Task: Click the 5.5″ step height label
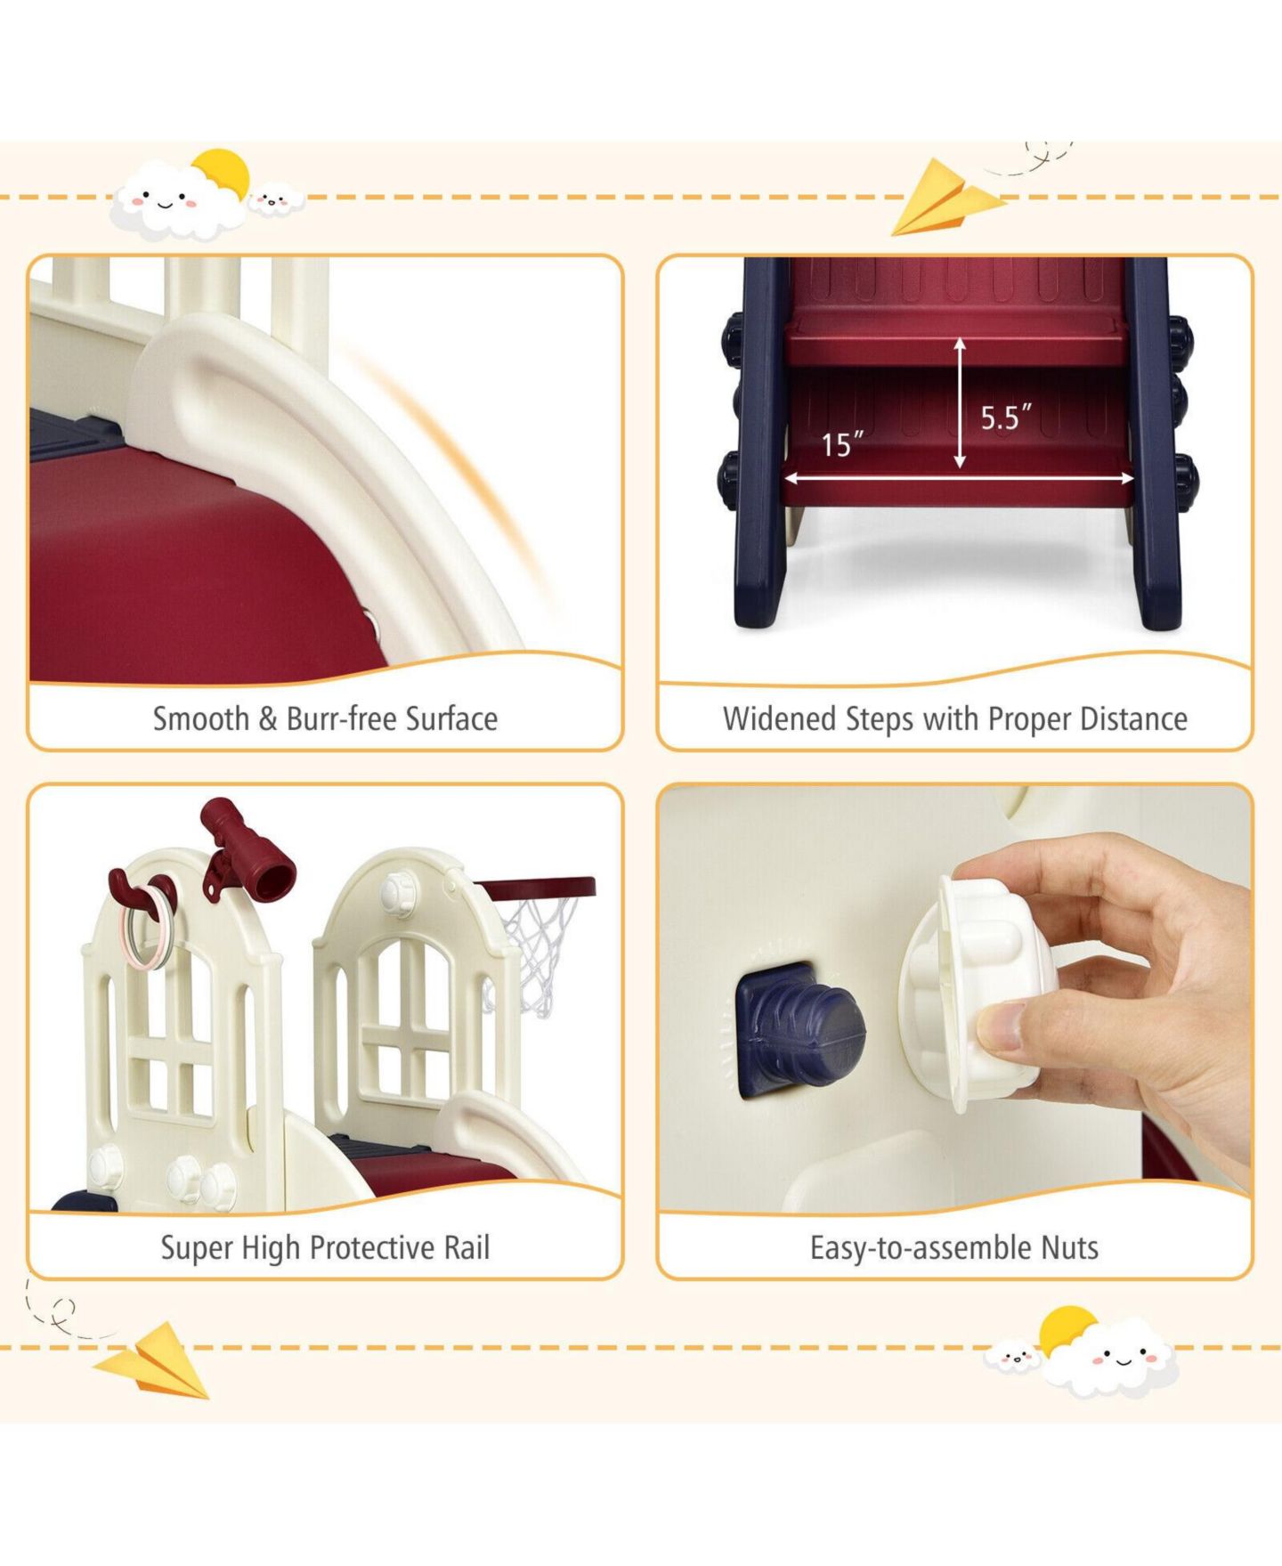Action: coord(1006,417)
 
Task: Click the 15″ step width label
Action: coord(842,444)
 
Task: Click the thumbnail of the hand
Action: coord(1001,1027)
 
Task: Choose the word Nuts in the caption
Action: coord(1070,1247)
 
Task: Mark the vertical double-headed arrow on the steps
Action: coord(960,403)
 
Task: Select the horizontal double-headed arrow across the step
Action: coord(959,478)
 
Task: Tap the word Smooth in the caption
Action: coord(201,718)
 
